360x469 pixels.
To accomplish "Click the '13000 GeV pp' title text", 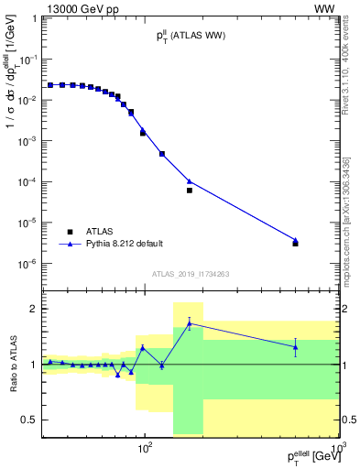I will pos(76,8).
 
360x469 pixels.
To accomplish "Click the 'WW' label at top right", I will pos(327,8).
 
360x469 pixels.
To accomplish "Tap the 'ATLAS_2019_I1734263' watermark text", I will pos(191,273).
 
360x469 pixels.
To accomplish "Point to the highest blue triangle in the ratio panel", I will pos(189,322).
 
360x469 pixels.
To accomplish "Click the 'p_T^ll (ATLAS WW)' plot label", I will pos(191,36).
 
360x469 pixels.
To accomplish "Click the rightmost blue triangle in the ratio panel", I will pos(295,345).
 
